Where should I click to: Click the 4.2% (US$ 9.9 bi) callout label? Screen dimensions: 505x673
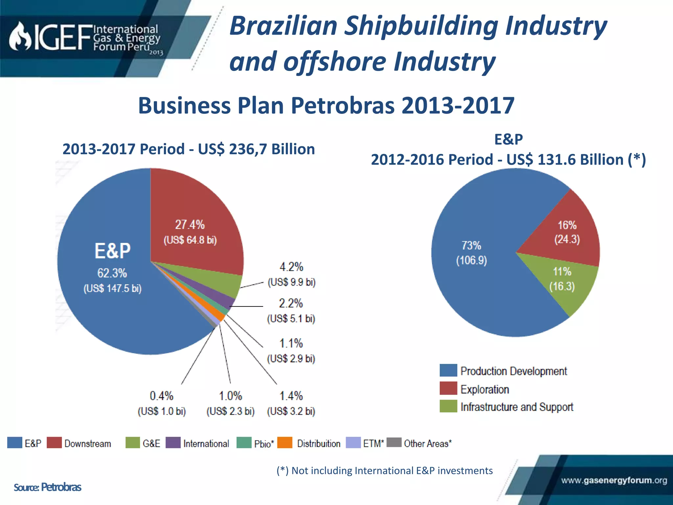(291, 274)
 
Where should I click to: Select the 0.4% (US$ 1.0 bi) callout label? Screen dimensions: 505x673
(161, 403)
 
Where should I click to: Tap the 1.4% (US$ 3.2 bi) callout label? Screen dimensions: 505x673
(291, 403)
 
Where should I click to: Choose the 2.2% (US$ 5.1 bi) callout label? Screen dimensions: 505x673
(291, 311)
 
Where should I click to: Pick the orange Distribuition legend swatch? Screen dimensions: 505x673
(285, 443)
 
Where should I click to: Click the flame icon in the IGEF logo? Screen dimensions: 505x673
(20, 37)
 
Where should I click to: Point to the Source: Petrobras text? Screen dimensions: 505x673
(47, 487)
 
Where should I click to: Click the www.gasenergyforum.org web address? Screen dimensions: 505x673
(614, 480)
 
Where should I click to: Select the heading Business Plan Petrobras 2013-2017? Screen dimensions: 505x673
(326, 106)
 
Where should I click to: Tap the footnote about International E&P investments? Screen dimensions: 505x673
(384, 470)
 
